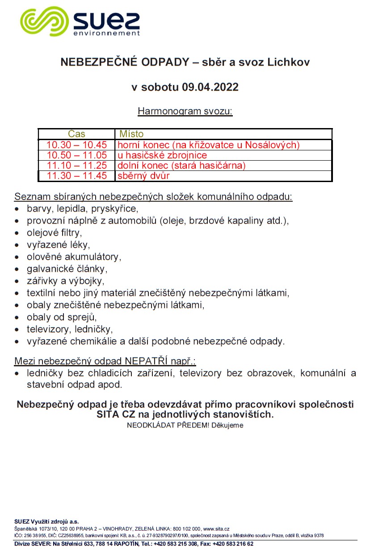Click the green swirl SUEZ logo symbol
[x=42, y=21]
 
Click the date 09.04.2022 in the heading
[x=210, y=87]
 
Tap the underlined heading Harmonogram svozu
[x=185, y=111]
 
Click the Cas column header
[x=76, y=134]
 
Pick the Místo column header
[x=131, y=134]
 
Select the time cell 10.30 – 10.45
[x=77, y=145]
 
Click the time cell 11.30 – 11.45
[x=77, y=176]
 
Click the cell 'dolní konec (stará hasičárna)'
[x=181, y=166]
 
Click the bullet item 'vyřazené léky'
[x=58, y=245]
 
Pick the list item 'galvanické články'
[x=67, y=269]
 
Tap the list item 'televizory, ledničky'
[x=69, y=329]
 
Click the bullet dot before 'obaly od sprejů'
[x=17, y=318]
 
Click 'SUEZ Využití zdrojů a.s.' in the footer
[x=46, y=521]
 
